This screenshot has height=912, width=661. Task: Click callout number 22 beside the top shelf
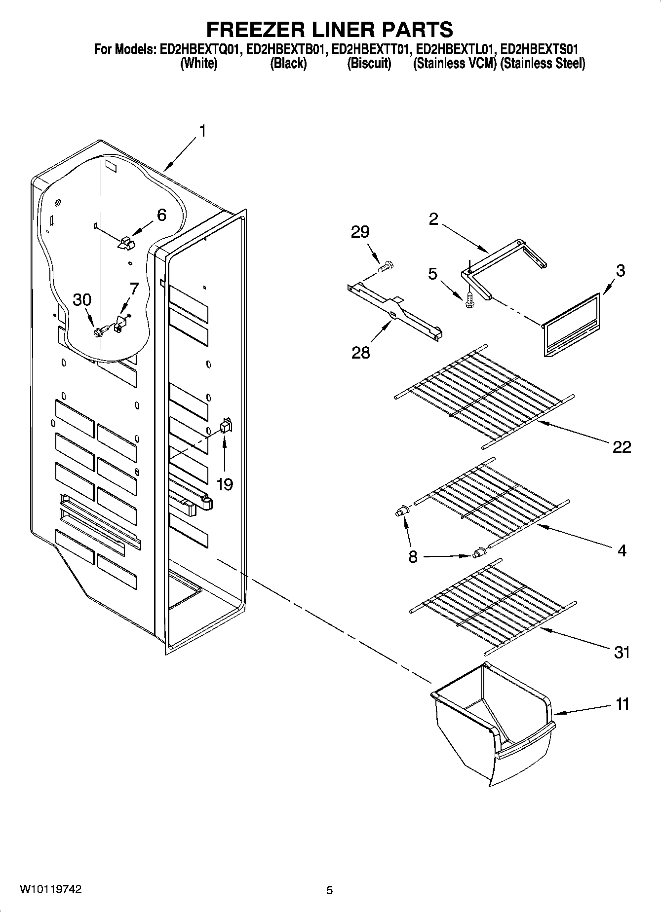tap(622, 447)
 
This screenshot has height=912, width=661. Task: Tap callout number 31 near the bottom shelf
tap(622, 653)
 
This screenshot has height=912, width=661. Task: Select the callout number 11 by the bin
tap(622, 704)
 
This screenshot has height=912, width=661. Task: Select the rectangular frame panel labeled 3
tap(572, 324)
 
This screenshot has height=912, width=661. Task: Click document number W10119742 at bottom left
tap(51, 889)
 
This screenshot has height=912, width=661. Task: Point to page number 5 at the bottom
tap(329, 890)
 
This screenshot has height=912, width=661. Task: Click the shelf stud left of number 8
tap(402, 512)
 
